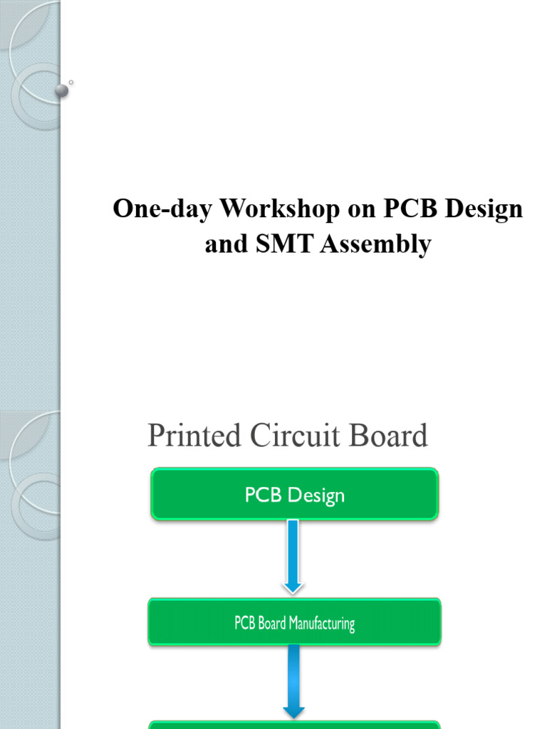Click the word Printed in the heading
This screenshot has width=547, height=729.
click(x=194, y=436)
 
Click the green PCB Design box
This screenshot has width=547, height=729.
click(x=294, y=494)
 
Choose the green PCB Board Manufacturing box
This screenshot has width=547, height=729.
click(x=294, y=623)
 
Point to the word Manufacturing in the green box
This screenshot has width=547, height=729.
click(x=322, y=624)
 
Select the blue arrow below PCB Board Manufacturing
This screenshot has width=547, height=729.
click(x=293, y=682)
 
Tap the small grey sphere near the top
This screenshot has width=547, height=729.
click(x=62, y=90)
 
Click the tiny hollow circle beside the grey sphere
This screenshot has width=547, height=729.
click(x=71, y=83)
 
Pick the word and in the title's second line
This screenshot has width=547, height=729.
click(x=225, y=244)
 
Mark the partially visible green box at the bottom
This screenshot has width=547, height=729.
click(x=294, y=725)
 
